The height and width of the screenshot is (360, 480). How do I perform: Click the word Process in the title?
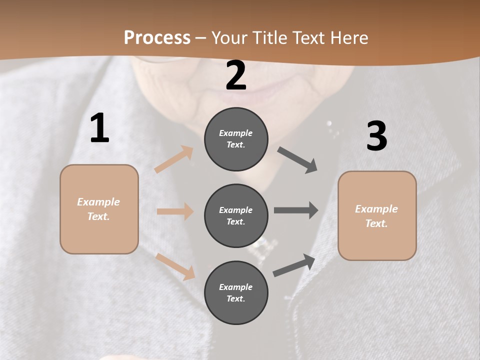157,37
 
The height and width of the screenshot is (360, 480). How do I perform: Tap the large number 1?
99,128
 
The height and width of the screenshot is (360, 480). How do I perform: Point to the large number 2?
236,76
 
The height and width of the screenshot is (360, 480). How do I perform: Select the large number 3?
376,136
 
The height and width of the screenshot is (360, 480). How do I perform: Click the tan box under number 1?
99,209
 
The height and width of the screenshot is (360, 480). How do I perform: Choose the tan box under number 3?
377,216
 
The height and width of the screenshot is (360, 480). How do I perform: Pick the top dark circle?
236,139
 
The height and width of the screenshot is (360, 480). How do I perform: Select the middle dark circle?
236,215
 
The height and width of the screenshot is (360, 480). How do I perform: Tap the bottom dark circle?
236,292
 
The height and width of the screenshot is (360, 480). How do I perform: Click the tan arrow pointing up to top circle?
174,159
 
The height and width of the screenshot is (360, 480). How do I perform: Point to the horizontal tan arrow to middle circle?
175,211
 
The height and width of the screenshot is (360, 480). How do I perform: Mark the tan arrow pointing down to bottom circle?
175,266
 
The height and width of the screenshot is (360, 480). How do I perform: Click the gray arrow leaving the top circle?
297,160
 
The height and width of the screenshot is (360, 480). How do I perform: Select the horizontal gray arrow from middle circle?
296,210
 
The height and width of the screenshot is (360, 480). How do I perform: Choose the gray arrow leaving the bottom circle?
294,265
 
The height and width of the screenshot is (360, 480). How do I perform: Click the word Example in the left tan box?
98,202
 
